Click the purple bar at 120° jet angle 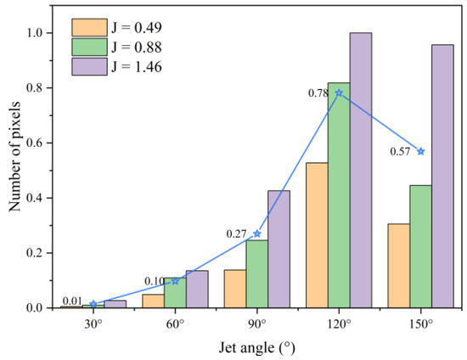point(361,170)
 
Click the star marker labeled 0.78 point(339,93)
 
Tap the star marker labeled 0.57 point(420,151)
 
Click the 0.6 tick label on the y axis point(40,143)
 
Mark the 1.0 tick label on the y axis point(40,33)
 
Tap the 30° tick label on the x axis point(93,323)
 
